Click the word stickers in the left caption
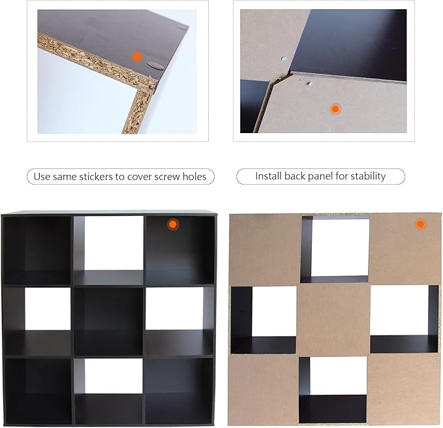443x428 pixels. point(96,177)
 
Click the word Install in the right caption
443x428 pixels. point(268,176)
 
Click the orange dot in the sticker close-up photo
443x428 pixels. point(137,56)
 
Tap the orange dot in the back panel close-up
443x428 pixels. point(335,109)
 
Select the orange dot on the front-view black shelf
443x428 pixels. point(173,224)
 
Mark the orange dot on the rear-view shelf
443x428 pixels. point(420,224)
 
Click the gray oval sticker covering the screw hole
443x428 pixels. point(155,67)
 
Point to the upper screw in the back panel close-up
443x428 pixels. point(284,59)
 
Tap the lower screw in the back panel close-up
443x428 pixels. point(310,84)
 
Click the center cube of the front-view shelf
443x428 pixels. point(108,322)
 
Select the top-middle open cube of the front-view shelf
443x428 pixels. point(108,250)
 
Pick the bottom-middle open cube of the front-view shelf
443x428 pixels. point(108,391)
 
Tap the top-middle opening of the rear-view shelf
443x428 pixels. point(335,249)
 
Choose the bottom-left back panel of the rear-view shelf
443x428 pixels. point(264,390)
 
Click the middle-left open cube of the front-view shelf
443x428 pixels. point(38,322)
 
